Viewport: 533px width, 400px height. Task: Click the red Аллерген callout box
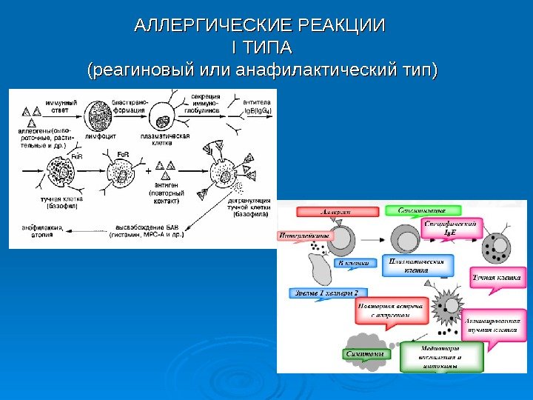click(x=335, y=212)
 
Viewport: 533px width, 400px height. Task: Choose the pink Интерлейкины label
click(x=304, y=236)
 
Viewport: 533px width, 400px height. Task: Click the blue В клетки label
click(x=352, y=263)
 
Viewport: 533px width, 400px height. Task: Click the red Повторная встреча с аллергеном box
click(x=400, y=310)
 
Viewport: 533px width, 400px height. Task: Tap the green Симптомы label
click(x=365, y=354)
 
